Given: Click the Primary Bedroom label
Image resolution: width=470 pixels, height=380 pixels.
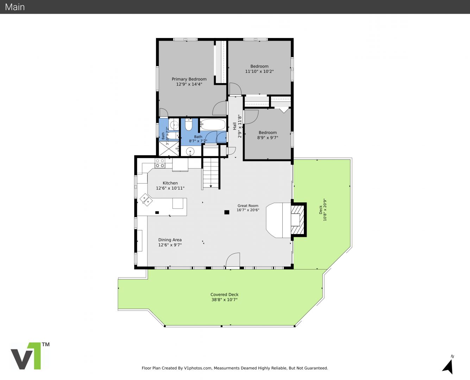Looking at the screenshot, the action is click(x=189, y=79).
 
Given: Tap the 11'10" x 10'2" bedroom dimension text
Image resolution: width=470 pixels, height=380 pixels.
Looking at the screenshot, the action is click(x=259, y=71).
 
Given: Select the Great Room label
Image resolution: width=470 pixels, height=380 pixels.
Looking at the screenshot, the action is click(x=248, y=205).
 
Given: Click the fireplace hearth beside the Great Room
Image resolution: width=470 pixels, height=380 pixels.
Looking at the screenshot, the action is click(x=278, y=220).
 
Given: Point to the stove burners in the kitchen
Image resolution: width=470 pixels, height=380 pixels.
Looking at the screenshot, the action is click(x=160, y=163).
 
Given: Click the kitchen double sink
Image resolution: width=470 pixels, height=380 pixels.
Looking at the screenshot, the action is click(x=146, y=199).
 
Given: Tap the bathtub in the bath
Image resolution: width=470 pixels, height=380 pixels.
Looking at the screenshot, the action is click(x=213, y=125).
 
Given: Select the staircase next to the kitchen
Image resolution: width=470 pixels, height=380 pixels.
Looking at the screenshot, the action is click(x=211, y=173).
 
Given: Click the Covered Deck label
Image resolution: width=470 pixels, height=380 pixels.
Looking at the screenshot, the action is click(x=224, y=294).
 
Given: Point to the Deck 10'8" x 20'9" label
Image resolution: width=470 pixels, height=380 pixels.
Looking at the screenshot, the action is click(x=322, y=210).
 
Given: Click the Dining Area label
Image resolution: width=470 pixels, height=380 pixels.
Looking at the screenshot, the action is click(x=170, y=240).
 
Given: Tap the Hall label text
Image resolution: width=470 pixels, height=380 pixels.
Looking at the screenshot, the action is click(x=234, y=126).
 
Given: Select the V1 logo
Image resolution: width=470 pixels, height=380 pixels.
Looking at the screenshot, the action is click(x=30, y=355).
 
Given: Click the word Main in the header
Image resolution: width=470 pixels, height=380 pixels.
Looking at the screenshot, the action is click(x=15, y=7).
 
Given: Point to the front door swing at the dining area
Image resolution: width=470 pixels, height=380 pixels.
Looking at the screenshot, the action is click(x=233, y=260).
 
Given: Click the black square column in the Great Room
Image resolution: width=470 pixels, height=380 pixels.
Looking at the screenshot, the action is click(x=227, y=212).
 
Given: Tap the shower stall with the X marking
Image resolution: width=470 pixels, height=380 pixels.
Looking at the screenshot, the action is click(x=169, y=148).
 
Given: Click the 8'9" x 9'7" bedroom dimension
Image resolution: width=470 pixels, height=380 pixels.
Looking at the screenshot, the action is click(x=268, y=138).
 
